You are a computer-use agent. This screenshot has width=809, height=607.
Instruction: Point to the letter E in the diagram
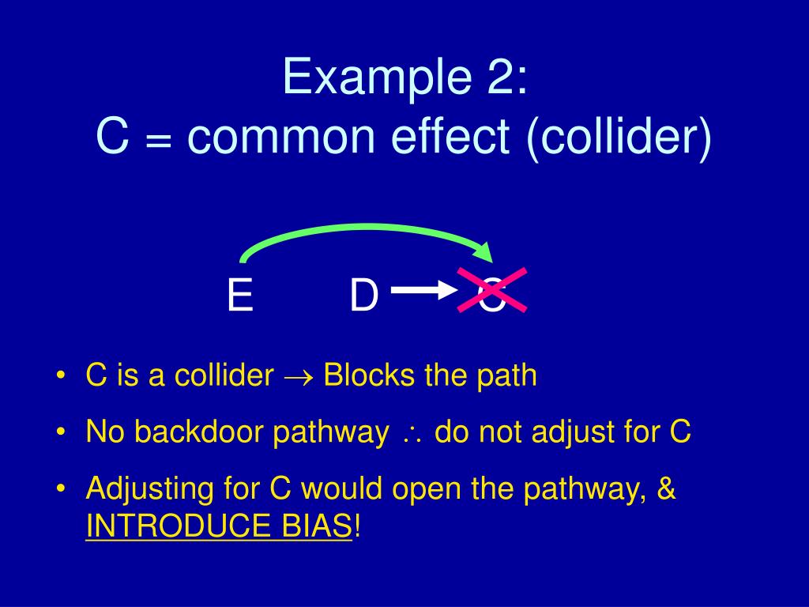[239, 296]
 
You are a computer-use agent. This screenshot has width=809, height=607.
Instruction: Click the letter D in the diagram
[363, 296]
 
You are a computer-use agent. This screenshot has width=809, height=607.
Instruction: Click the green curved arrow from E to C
[363, 229]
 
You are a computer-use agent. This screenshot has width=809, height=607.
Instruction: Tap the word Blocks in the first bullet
[371, 375]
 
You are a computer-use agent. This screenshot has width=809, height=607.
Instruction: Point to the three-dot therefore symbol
[412, 434]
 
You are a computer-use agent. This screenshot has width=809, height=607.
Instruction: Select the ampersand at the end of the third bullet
[666, 489]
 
